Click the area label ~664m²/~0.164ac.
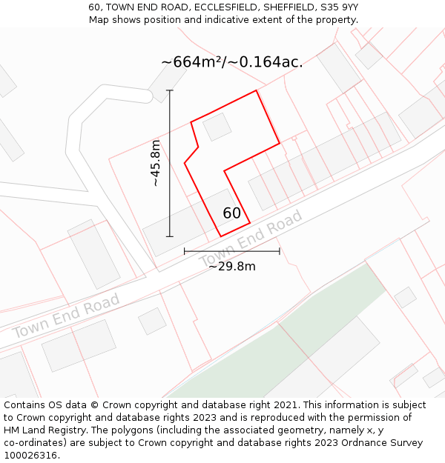coord(231,62)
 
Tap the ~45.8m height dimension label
coord(155,163)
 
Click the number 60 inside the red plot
coord(231,213)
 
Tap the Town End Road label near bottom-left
coord(65,317)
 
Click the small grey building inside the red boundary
coord(217,127)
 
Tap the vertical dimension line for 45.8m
coord(170,163)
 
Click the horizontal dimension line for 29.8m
coord(231,251)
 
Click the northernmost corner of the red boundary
coord(257,91)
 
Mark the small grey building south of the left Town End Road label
coord(152,321)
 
